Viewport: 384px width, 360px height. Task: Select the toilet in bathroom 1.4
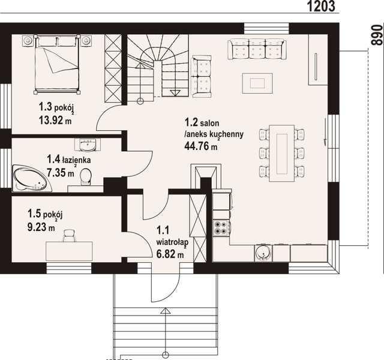point(86,176)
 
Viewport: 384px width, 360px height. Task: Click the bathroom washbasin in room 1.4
point(88,144)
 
